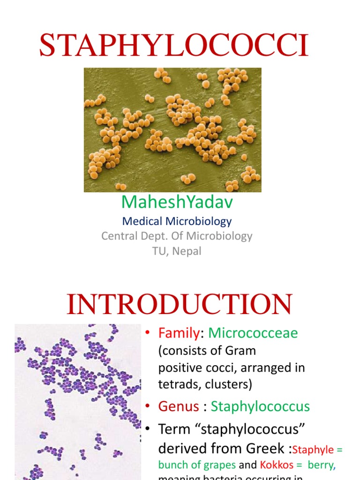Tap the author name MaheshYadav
click(x=177, y=202)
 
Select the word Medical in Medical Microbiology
click(x=142, y=221)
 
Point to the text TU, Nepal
click(x=177, y=251)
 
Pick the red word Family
click(x=179, y=333)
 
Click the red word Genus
click(x=179, y=406)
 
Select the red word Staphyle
click(x=314, y=450)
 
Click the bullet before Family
click(x=148, y=333)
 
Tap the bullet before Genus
click(x=148, y=406)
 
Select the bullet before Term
click(x=148, y=429)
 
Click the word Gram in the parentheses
click(x=241, y=351)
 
